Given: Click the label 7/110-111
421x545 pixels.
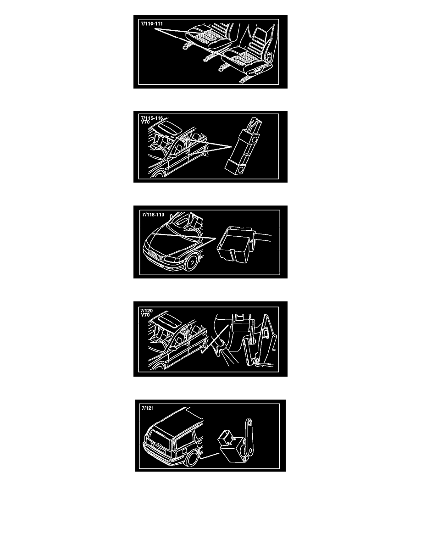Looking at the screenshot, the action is pyautogui.click(x=152, y=24).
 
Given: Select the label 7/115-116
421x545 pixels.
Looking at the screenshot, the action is pyautogui.click(x=152, y=118).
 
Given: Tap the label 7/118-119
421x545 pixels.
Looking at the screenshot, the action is pyautogui.click(x=153, y=214).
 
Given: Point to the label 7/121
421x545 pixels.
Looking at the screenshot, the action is pyautogui.click(x=147, y=408).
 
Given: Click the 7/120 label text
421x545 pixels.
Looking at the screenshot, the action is pyautogui.click(x=147, y=311).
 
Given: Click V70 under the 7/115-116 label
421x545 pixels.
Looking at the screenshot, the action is pyautogui.click(x=145, y=122).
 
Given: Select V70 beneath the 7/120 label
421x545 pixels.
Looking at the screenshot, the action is pyautogui.click(x=145, y=315).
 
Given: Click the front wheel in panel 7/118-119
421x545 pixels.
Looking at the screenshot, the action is pyautogui.click(x=191, y=262).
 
